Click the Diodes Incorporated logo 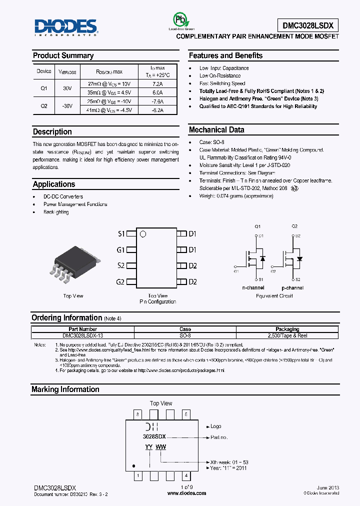pyautogui.click(x=66, y=27)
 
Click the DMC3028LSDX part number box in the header pyautogui.click(x=307, y=26)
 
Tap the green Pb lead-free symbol pyautogui.click(x=178, y=19)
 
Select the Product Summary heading pyautogui.click(x=63, y=55)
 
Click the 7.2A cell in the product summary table pyautogui.click(x=157, y=84)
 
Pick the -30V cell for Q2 pyautogui.click(x=67, y=105)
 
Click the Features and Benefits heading pyautogui.click(x=225, y=55)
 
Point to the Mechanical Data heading pyautogui.click(x=216, y=130)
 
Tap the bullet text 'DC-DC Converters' pyautogui.click(x=63, y=196)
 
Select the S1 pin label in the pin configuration pyautogui.click(x=121, y=233)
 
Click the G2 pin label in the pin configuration pyautogui.click(x=120, y=282)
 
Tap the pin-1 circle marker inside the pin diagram pyautogui.click(x=142, y=233)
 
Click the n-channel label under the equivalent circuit pyautogui.click(x=252, y=288)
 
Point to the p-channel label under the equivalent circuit pyautogui.click(x=292, y=288)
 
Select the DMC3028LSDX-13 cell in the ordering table pyautogui.click(x=83, y=336)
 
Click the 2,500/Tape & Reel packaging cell pyautogui.click(x=287, y=336)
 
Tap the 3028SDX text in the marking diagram pyautogui.click(x=154, y=436)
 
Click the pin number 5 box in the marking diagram pyautogui.click(x=185, y=414)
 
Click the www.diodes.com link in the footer pyautogui.click(x=186, y=493)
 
